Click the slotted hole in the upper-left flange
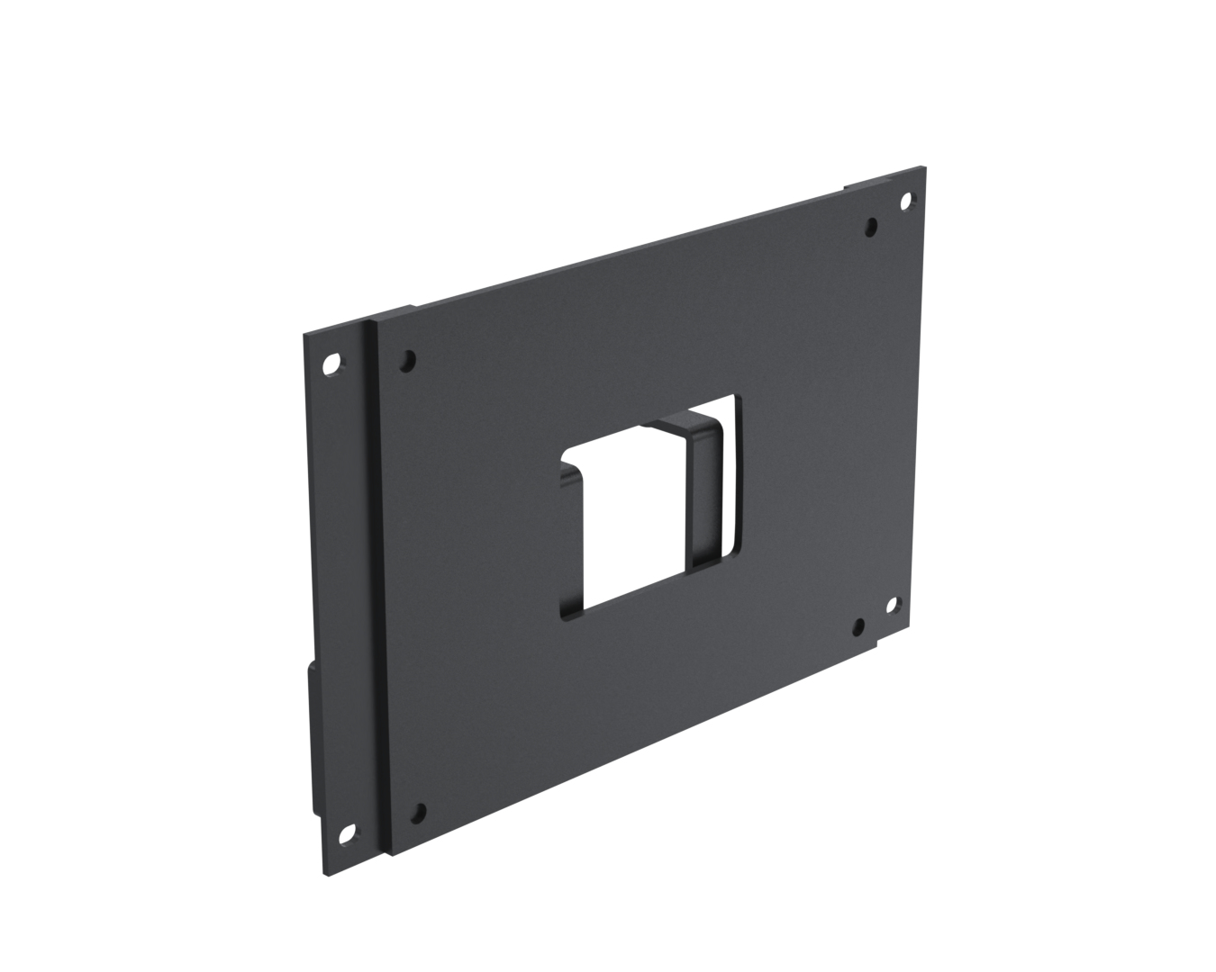click(332, 364)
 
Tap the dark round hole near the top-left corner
click(408, 361)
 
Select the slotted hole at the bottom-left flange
click(346, 835)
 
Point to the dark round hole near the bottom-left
click(418, 813)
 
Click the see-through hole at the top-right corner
click(906, 201)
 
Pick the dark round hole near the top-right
click(871, 227)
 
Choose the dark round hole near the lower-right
click(859, 626)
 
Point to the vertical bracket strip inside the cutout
click(703, 495)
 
